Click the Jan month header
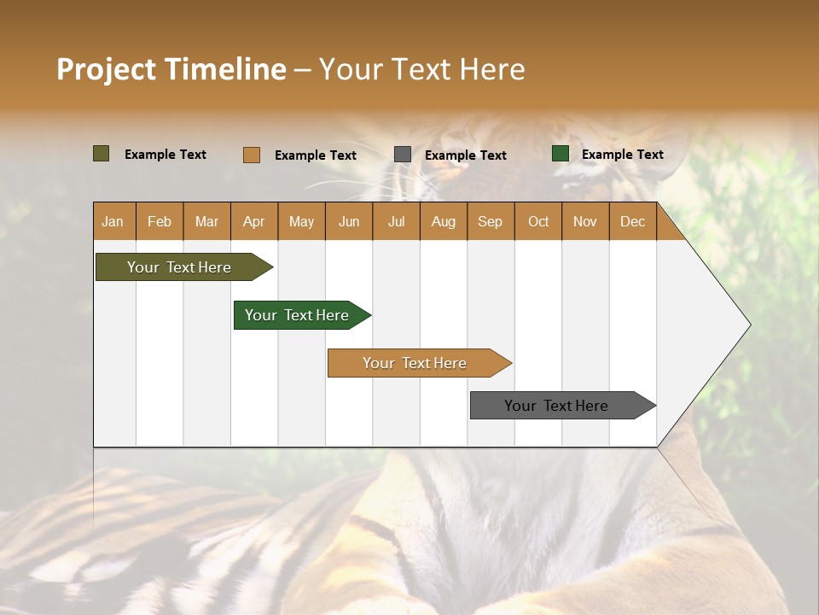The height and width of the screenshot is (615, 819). pyautogui.click(x=113, y=221)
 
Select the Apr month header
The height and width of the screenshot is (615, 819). pyautogui.click(x=253, y=221)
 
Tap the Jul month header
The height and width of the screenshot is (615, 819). pyautogui.click(x=396, y=221)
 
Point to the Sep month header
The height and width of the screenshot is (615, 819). pyautogui.click(x=490, y=221)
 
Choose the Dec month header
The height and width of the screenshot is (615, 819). pyautogui.click(x=632, y=221)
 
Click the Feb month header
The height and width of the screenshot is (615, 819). pyautogui.click(x=160, y=221)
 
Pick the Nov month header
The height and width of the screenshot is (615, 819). pyautogui.click(x=584, y=221)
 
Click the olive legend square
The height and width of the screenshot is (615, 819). pyautogui.click(x=102, y=154)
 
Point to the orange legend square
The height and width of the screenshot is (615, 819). pyautogui.click(x=252, y=155)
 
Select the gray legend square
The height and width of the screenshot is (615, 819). pyautogui.click(x=403, y=155)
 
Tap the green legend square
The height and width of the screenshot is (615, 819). pyautogui.click(x=561, y=154)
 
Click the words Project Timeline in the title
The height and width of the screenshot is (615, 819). pyautogui.click(x=171, y=69)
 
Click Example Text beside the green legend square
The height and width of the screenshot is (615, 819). pyautogui.click(x=622, y=155)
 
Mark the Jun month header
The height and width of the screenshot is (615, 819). pyautogui.click(x=349, y=221)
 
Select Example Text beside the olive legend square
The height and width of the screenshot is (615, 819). pyautogui.click(x=166, y=155)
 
